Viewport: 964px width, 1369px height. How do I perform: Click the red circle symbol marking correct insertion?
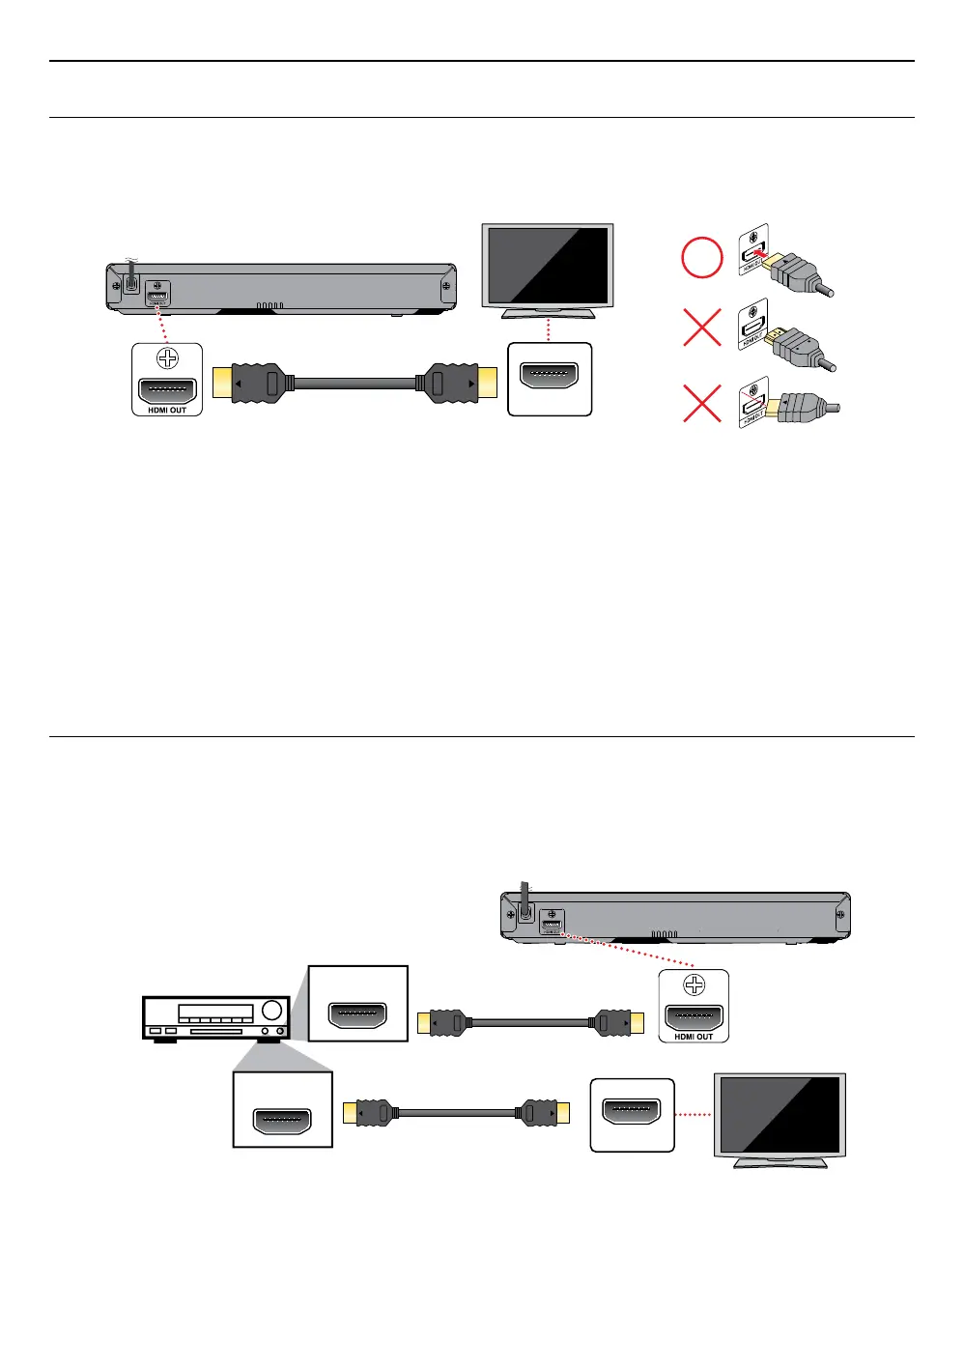[702, 259]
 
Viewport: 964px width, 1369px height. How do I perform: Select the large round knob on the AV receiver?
[271, 1012]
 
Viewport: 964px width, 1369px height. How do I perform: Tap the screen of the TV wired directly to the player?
[548, 265]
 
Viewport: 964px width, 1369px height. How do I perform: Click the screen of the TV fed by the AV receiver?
[780, 1113]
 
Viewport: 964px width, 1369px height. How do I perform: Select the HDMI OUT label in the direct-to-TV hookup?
[167, 411]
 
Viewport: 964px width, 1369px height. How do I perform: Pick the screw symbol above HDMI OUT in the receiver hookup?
[694, 985]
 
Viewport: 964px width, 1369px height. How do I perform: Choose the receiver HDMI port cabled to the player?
[357, 1014]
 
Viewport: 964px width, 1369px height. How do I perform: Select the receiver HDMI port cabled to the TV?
[282, 1121]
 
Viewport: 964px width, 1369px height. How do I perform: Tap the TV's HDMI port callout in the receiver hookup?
[631, 1112]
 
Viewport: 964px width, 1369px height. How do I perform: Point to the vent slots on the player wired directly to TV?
[269, 305]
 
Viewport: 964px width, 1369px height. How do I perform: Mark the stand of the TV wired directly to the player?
[548, 311]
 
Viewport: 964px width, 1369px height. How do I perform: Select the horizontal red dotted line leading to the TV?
[694, 1115]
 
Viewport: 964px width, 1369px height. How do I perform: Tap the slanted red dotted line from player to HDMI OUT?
[628, 949]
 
